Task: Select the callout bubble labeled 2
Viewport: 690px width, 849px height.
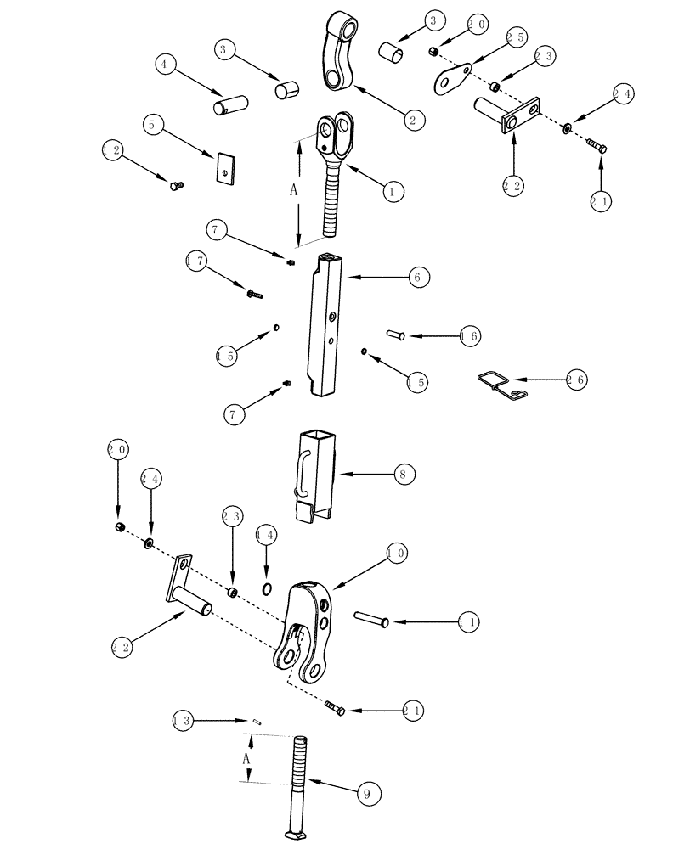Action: pyautogui.click(x=412, y=121)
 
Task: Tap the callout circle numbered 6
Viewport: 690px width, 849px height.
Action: pyautogui.click(x=417, y=277)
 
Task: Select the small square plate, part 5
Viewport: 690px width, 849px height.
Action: pyautogui.click(x=224, y=167)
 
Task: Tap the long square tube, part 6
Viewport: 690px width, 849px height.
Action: pyautogui.click(x=329, y=327)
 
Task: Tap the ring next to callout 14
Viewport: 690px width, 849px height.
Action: pyautogui.click(x=267, y=589)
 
